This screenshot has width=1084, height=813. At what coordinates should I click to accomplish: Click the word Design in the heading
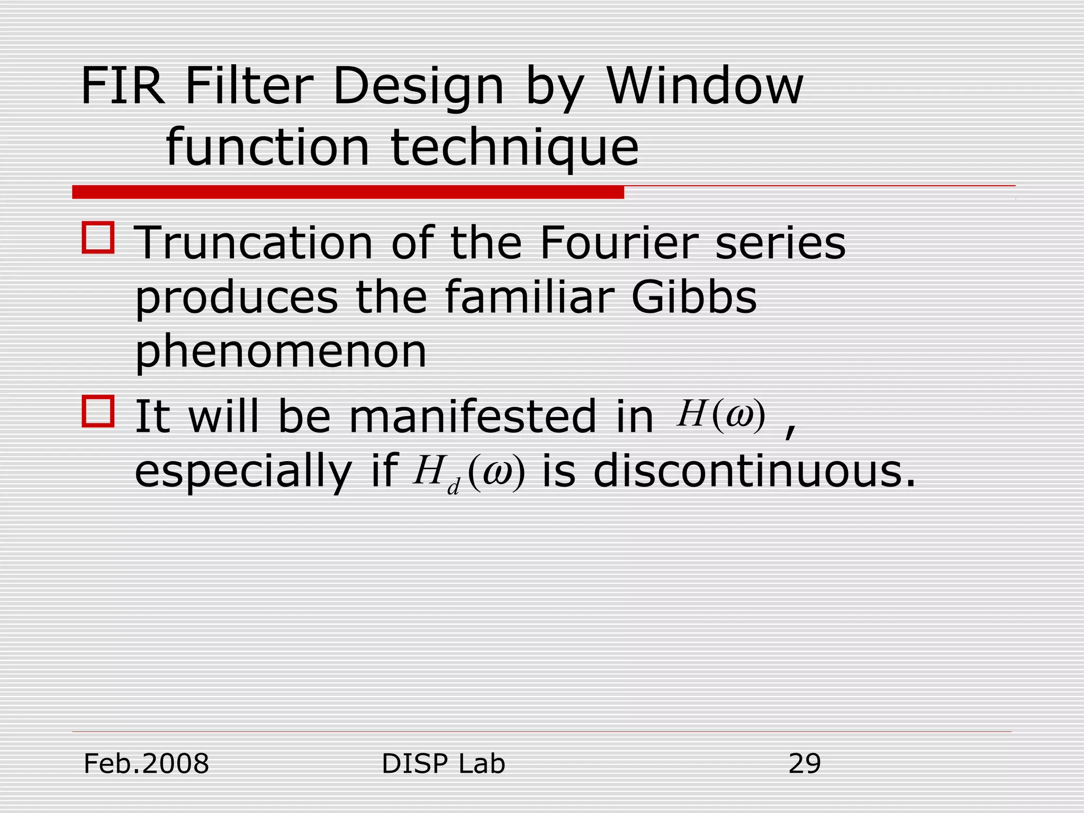point(418,87)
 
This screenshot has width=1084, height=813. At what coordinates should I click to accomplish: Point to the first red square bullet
point(98,238)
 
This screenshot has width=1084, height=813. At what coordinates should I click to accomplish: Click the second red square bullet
point(98,411)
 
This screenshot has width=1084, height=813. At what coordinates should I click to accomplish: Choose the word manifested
point(472,417)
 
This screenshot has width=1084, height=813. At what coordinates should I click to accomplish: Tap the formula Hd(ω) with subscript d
point(469,472)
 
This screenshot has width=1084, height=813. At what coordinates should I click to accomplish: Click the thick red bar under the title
point(348,192)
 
